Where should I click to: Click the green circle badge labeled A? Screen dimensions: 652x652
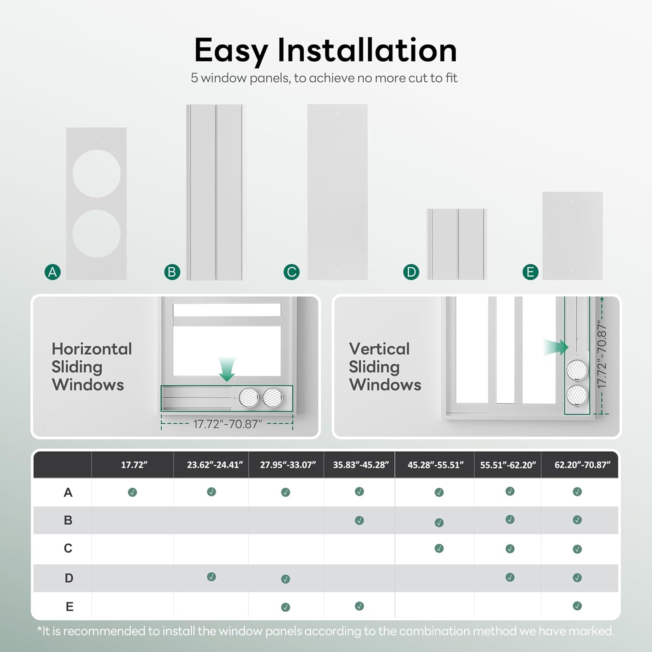[53, 272]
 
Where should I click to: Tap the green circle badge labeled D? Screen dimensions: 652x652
[411, 272]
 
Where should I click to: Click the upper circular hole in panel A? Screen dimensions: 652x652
[96, 174]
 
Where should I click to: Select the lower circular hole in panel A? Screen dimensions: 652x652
[96, 234]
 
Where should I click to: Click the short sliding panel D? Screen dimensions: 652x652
[457, 244]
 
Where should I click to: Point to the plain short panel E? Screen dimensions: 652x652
[572, 236]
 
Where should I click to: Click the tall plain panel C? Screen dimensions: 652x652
[337, 192]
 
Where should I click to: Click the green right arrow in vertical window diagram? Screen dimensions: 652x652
[556, 347]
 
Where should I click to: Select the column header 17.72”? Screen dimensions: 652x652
[134, 465]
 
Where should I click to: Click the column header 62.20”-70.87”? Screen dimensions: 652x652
[582, 465]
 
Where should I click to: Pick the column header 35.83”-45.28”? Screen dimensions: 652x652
[361, 465]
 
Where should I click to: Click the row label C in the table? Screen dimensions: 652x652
[68, 548]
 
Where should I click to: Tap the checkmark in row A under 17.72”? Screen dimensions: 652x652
[133, 492]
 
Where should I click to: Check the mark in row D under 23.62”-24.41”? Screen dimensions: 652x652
[212, 577]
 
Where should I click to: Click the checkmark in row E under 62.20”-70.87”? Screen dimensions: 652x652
[577, 606]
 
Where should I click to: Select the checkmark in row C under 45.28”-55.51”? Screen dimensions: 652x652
[439, 549]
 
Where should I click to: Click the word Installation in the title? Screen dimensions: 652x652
[367, 50]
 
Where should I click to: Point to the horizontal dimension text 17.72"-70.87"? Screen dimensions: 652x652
[227, 424]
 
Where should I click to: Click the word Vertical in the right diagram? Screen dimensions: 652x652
[379, 349]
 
